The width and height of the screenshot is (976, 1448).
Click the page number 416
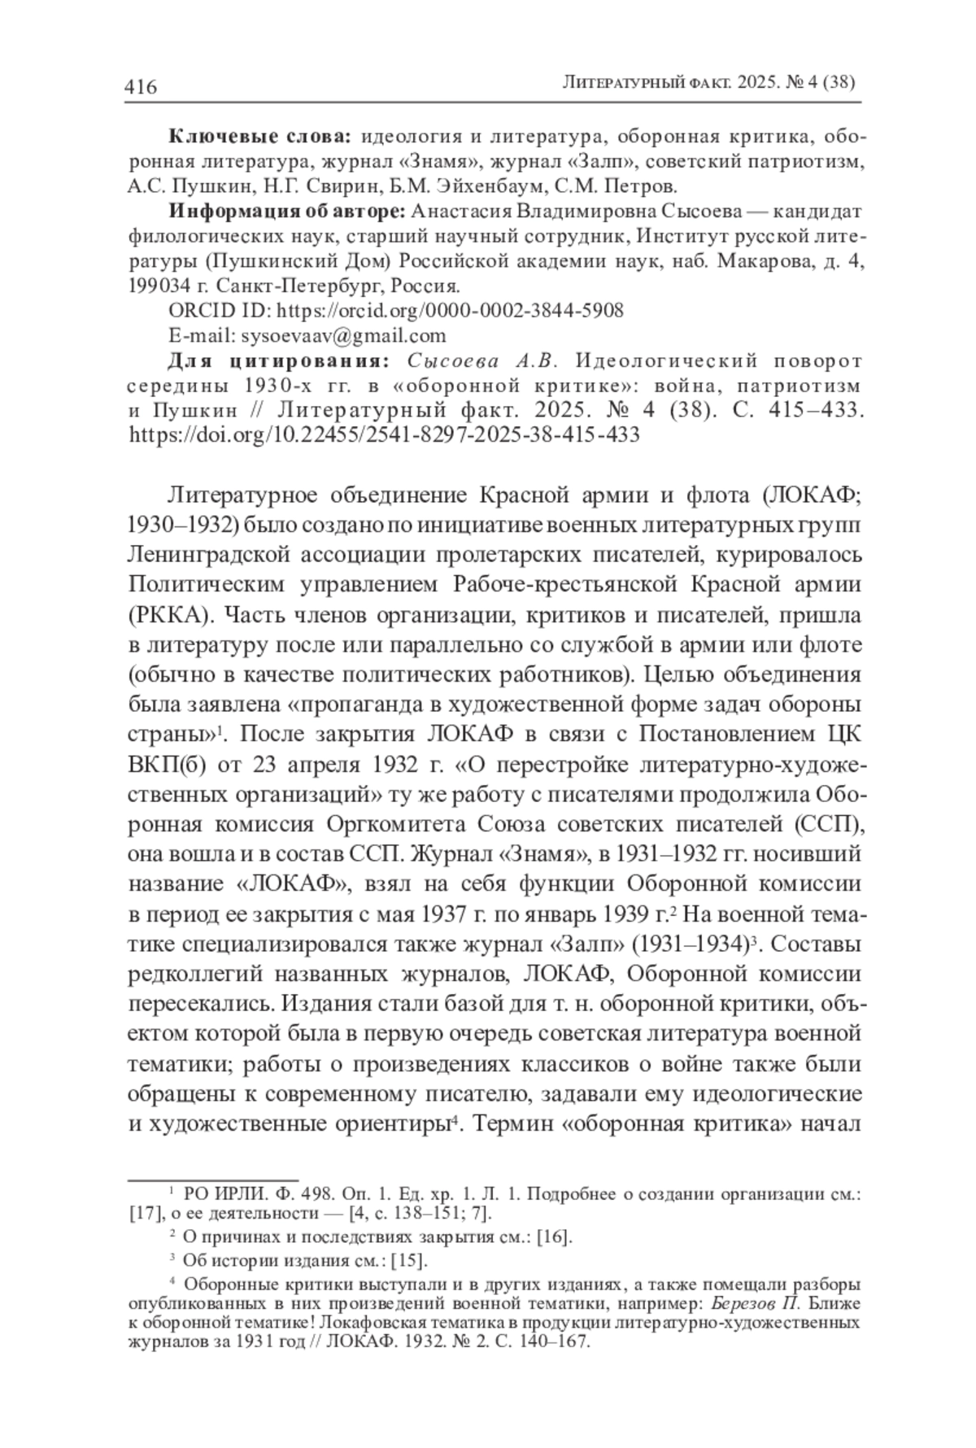(141, 85)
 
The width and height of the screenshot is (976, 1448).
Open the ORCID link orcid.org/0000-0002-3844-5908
(451, 311)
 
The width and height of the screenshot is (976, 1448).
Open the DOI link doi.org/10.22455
(385, 434)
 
